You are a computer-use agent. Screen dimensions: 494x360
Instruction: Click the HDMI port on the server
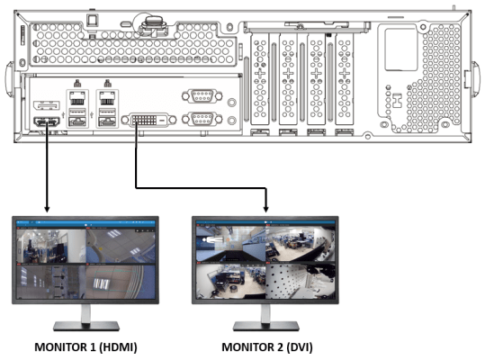47,121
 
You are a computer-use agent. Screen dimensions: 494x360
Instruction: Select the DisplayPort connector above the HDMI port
47,105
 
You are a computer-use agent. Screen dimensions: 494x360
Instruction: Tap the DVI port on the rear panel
148,120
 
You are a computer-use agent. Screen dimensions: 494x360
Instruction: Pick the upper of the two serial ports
202,95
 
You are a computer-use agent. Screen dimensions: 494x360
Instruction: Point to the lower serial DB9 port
202,119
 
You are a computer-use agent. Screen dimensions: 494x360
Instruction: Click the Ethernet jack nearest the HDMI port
76,98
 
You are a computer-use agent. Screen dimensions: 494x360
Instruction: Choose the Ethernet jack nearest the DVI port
107,98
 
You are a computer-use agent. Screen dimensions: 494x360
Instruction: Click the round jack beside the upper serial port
231,102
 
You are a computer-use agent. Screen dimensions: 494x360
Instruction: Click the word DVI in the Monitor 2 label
300,347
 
